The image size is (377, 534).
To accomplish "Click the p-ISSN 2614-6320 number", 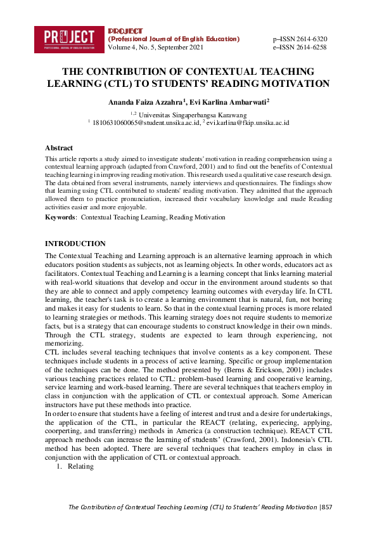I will coord(300,39).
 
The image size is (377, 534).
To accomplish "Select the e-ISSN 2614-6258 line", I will coord(300,48).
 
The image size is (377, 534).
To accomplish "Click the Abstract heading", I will coord(59,148).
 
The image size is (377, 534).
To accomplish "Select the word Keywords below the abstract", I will coord(60,217).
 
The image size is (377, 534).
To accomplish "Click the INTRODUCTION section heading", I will coord(75,244).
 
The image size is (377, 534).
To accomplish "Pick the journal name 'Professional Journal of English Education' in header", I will coord(174,39).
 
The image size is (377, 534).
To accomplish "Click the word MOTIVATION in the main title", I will coord(295,83).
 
